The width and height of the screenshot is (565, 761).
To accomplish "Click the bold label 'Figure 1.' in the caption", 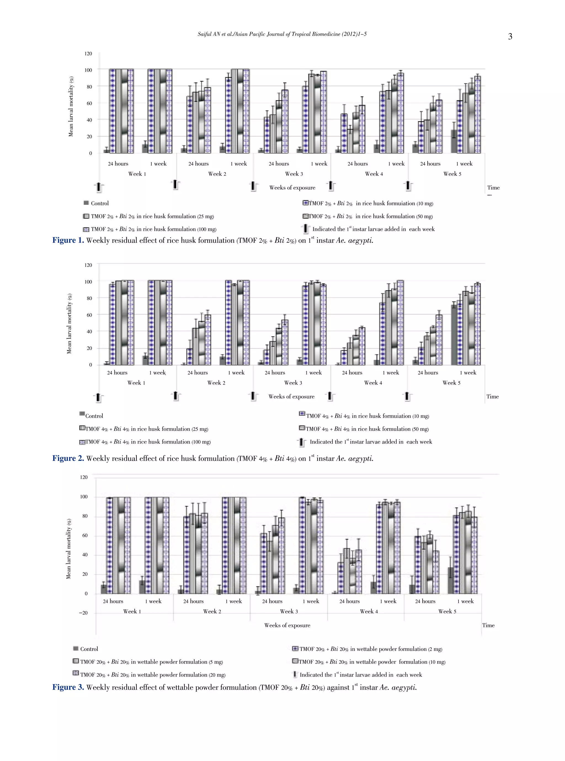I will pos(68,240).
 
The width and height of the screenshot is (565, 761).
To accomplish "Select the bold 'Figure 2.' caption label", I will pos(68,458).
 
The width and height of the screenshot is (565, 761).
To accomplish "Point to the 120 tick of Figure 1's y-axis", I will pos(88,54).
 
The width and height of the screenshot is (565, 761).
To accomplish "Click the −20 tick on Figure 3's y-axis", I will pos(83,613).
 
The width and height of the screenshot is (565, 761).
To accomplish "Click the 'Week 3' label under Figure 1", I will pos(294,174).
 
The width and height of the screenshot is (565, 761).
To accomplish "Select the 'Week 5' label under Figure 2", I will pos(451,383).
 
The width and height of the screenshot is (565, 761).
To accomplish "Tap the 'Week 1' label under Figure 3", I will pos(132,612).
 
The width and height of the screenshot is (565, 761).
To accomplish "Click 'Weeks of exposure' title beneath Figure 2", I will pos(291,397).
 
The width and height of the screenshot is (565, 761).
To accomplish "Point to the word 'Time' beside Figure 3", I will pos(488,625).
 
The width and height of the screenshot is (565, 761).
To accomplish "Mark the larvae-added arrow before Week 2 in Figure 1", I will pos(175,185).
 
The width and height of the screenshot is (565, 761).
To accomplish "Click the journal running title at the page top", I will pos(282,34).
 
